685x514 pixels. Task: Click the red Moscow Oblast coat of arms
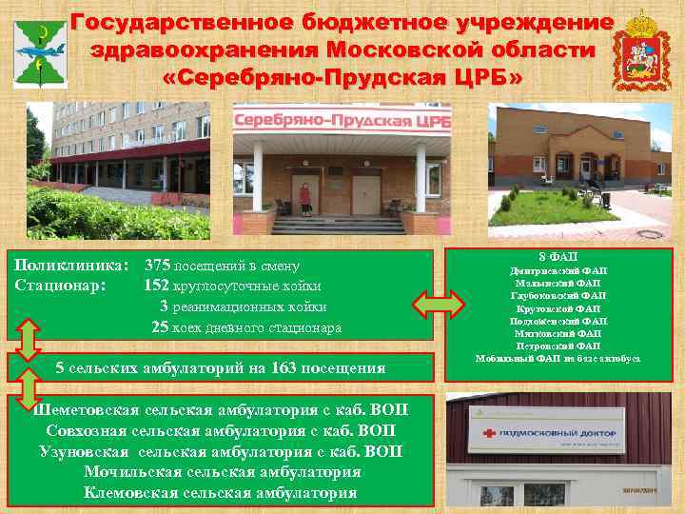(635, 49)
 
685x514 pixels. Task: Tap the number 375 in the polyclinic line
(157, 266)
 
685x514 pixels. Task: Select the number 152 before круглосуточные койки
(157, 286)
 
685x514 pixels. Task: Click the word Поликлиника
(72, 266)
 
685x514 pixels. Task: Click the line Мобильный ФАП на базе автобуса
(557, 358)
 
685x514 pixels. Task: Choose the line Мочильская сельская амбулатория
(222, 471)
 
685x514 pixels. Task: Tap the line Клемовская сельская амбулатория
(221, 492)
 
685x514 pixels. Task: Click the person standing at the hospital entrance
(305, 198)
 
